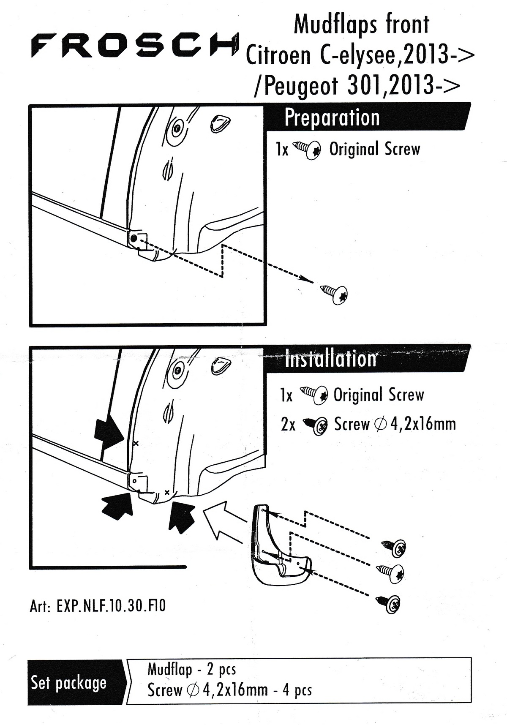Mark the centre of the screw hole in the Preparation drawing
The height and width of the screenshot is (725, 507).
coord(134,239)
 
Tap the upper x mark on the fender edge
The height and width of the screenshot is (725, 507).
coord(136,443)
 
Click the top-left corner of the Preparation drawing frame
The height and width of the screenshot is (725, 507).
coord(30,105)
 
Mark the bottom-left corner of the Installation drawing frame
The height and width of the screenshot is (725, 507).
coord(30,567)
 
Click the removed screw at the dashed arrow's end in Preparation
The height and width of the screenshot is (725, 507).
coord(334,293)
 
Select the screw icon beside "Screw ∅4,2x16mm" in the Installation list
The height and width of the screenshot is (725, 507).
coord(316,425)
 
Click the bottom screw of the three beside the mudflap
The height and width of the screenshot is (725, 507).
coord(388,603)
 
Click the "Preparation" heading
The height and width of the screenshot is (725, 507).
coord(332,117)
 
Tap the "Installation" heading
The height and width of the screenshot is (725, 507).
coord(331,359)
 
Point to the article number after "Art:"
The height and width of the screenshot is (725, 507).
coord(111,606)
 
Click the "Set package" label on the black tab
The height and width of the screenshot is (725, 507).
coord(68,683)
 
